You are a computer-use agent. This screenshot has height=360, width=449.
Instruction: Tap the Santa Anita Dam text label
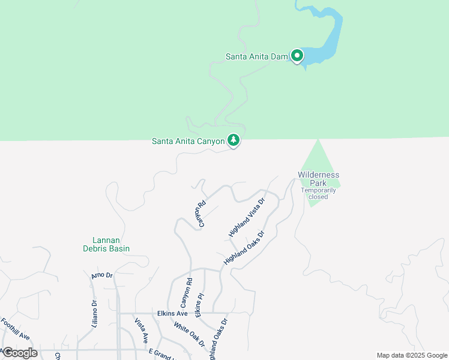[257, 57]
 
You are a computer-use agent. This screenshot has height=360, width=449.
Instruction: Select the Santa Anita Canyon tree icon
[234, 141]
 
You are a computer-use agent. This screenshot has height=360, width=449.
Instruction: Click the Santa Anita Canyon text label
[188, 142]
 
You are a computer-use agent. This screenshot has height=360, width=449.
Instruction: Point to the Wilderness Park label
[318, 178]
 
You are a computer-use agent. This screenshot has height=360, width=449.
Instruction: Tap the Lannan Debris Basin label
[106, 244]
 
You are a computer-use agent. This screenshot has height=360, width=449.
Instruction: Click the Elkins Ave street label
[173, 313]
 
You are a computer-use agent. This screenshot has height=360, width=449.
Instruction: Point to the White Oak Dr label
[189, 335]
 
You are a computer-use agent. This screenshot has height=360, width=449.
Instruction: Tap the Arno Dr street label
[102, 275]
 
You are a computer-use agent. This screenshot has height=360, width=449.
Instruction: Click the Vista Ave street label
[141, 331]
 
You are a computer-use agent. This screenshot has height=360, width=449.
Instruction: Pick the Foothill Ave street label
[15, 329]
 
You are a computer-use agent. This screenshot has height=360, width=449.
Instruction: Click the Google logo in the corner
[20, 353]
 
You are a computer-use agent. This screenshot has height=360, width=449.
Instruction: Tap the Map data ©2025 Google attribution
[412, 355]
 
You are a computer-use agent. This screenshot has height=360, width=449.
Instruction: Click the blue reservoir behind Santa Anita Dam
[328, 36]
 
